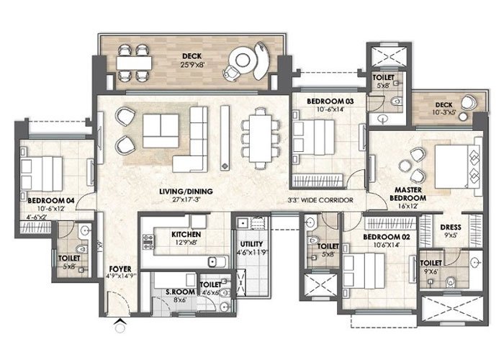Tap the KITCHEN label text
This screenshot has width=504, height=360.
click(x=186, y=235)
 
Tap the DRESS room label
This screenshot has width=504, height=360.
click(x=451, y=228)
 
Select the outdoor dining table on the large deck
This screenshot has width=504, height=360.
click(x=135, y=62)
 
